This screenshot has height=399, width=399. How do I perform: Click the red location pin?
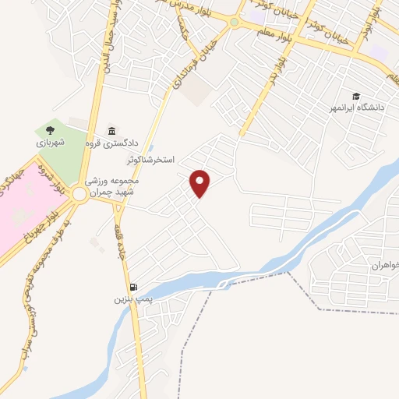point(200,183)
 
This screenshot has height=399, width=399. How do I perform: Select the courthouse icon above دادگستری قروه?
point(113,130)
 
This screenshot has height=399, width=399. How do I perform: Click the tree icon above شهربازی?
point(51,131)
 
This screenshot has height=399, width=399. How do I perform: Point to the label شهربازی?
point(51,143)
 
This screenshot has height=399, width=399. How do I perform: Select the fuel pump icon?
point(134,286)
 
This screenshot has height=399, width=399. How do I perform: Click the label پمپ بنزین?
point(131,298)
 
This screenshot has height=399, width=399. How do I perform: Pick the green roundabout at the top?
point(235,23)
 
